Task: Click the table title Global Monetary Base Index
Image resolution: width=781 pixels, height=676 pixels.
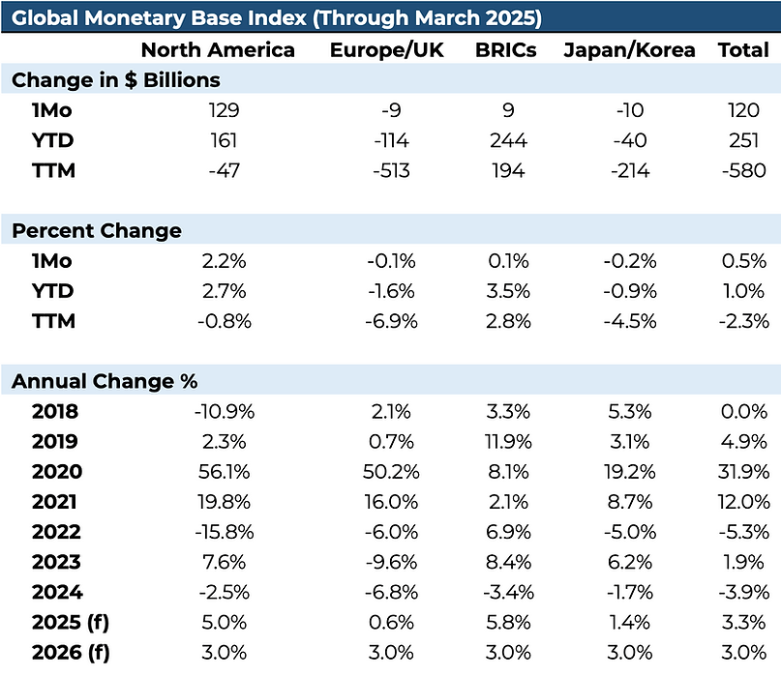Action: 277,18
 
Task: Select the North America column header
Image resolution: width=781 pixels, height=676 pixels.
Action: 218,50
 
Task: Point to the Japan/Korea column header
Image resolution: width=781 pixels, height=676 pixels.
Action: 629,50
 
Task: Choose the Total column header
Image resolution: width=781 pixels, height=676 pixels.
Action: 742,50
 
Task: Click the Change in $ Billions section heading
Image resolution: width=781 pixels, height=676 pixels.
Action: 116,80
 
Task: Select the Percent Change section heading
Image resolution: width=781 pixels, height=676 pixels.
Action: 97,231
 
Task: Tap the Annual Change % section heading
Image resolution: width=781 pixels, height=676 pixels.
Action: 105,381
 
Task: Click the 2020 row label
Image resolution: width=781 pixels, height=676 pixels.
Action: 57,472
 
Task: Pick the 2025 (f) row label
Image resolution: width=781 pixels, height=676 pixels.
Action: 71,623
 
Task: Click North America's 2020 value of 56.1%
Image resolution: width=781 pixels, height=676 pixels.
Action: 225,472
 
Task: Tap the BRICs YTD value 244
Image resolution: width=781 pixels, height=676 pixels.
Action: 508,141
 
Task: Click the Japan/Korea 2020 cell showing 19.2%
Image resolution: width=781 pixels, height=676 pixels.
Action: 630,472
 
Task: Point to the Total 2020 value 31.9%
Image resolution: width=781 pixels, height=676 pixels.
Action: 744,472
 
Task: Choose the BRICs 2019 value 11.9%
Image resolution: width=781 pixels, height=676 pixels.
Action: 508,442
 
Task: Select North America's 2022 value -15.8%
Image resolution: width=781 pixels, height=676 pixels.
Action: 225,532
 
